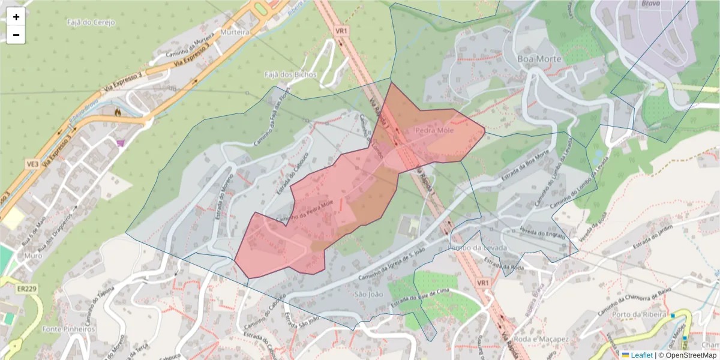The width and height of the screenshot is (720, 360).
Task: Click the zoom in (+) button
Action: coord(16,17)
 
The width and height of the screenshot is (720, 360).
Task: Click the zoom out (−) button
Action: coord(16,35)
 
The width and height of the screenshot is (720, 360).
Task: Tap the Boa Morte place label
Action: coord(539,59)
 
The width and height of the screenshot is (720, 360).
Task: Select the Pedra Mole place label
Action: coord(434,130)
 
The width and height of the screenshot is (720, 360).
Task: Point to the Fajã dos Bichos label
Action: coord(290,74)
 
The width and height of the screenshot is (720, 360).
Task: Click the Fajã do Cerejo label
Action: coord(91,23)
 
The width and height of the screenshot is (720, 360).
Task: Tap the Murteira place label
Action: coord(235,32)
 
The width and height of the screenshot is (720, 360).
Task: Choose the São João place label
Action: coord(368,295)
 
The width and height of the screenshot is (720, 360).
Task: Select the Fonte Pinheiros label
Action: coord(69,329)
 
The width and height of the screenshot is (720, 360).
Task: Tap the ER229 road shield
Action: coord(27,289)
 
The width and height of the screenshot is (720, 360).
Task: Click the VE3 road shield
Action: coord(32,163)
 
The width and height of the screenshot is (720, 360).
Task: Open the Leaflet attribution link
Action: coord(641,355)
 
